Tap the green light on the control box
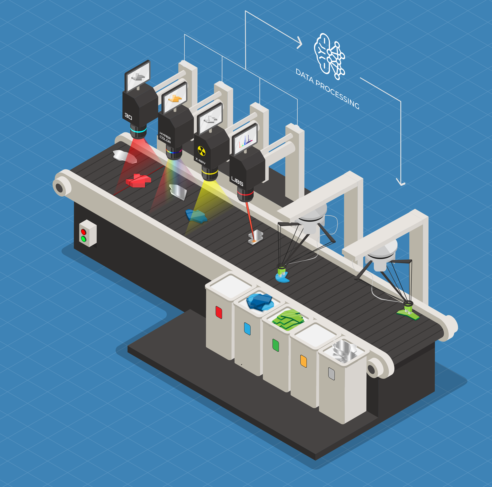pos(83,239)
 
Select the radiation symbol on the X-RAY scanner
pos(201,151)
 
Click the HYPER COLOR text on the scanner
pos(165,137)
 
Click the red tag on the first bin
pos(219,312)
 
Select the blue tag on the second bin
pos(247,329)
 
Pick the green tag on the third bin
pos(276,345)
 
